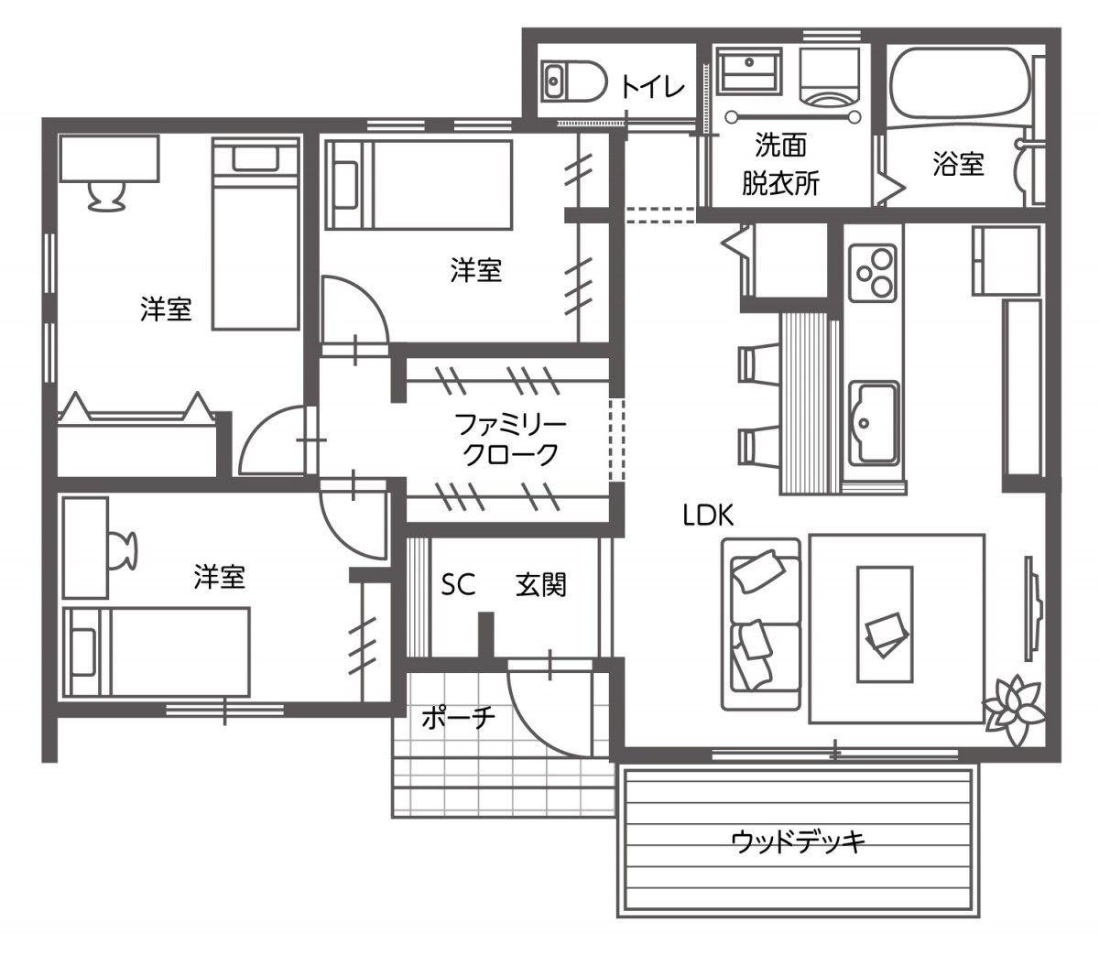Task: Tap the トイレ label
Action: tap(653, 88)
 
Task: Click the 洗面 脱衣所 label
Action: tap(780, 165)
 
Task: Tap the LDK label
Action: tap(708, 515)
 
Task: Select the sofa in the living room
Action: tap(761, 623)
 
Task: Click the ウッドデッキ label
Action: tap(798, 841)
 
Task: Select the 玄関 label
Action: tap(540, 585)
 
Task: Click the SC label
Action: tap(458, 585)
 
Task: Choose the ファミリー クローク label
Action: tap(510, 439)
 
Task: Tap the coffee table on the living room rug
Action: tap(885, 624)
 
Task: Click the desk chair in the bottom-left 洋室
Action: tap(123, 548)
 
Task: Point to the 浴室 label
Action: tap(958, 165)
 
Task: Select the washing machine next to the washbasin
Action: tap(830, 78)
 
